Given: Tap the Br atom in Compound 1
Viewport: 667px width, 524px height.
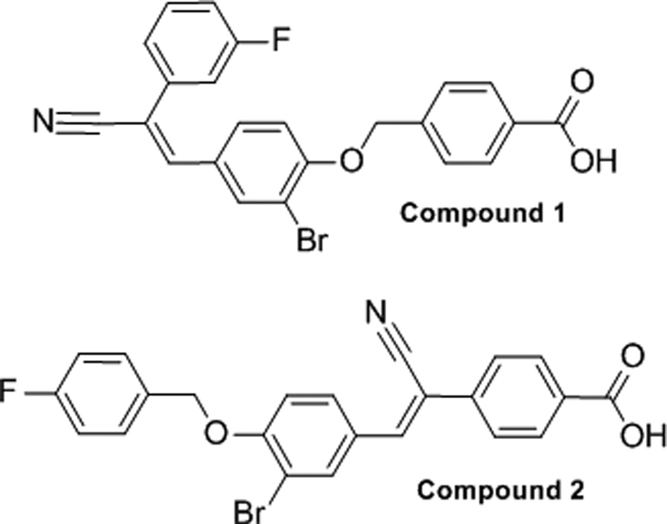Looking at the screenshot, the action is pos(312,241).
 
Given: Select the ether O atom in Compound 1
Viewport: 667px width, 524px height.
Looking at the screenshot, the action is pos(348,162).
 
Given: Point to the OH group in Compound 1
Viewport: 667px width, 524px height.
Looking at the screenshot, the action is pos(594,162).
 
